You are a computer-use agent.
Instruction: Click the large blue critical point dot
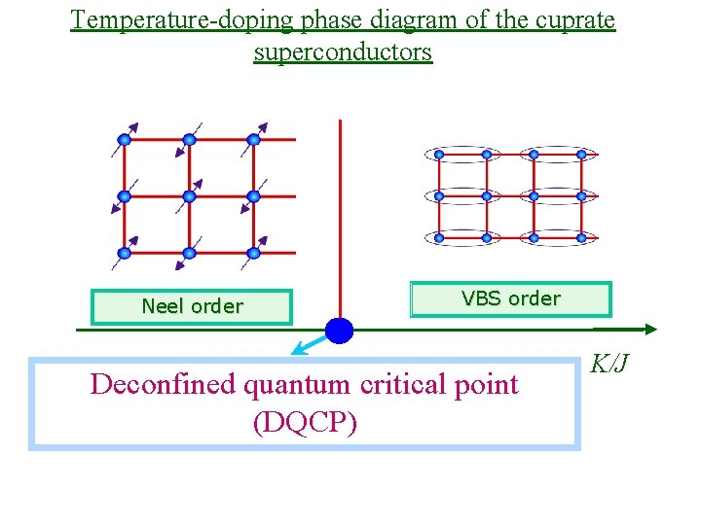[339, 331]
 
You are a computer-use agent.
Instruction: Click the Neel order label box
[192, 306]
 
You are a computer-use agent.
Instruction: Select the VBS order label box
[511, 299]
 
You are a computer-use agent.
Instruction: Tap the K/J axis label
[610, 364]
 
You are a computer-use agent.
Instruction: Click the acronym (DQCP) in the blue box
[304, 424]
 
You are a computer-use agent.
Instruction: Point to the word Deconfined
[163, 385]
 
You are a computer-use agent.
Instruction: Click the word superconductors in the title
[343, 52]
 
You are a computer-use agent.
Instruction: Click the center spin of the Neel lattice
[189, 196]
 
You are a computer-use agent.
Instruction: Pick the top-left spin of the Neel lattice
[126, 139]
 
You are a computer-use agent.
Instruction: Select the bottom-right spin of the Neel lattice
[253, 253]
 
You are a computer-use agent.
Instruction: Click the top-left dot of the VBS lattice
[439, 154]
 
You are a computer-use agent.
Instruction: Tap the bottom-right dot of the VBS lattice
[581, 237]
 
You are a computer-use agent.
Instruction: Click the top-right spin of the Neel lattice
[253, 139]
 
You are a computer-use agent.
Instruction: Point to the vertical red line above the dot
[340, 214]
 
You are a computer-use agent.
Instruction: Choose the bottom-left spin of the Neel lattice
[125, 253]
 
